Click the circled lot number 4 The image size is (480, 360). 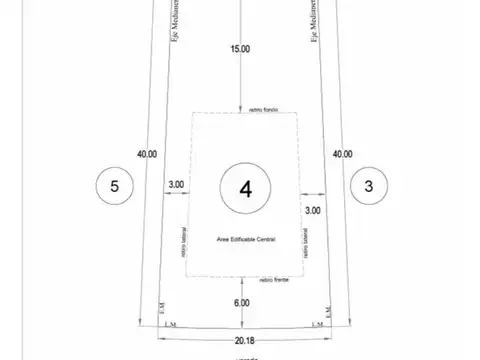coord(241,186)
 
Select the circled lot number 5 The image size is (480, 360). coord(115,186)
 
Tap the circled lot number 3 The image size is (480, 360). coord(369,186)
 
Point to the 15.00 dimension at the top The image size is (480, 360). coord(240,48)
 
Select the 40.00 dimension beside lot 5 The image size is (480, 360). coord(147,154)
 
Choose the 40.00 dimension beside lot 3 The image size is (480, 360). coord(342,154)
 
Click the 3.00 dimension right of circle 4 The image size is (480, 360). coord(312,210)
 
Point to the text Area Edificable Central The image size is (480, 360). coord(245,240)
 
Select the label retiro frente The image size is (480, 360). coord(274,281)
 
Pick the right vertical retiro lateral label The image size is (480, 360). coord(303,240)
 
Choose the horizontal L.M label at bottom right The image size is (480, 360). coord(317,323)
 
